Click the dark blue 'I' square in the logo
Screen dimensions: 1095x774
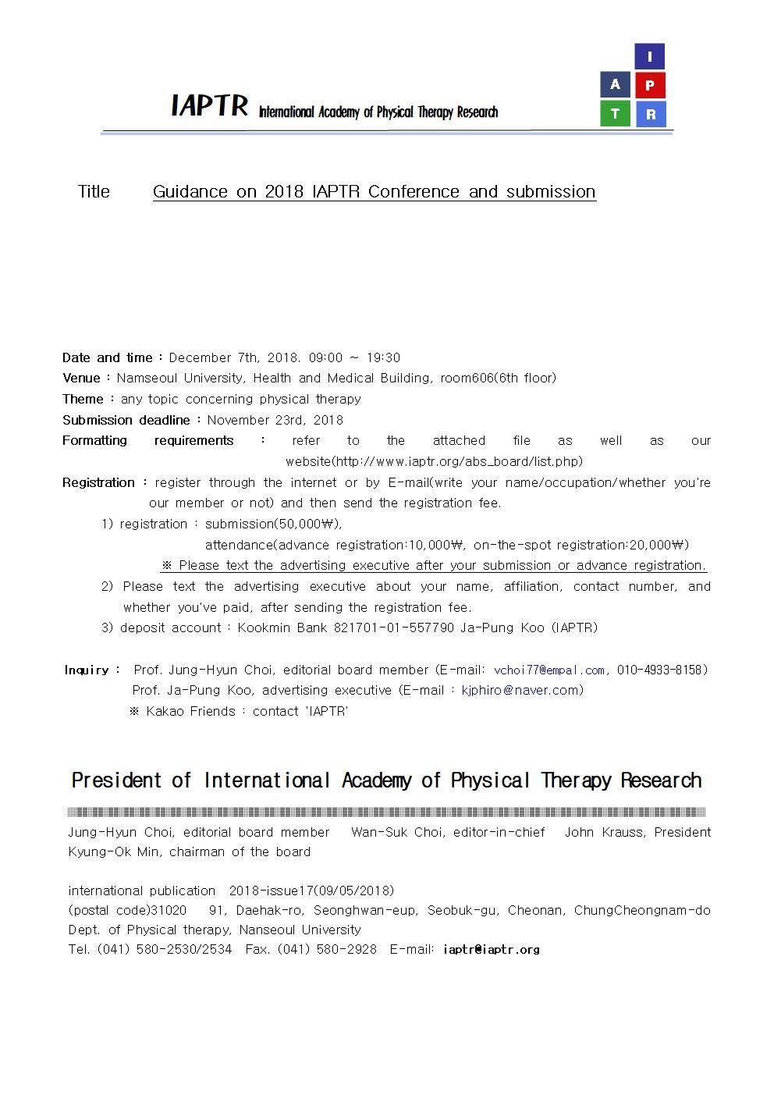(x=649, y=56)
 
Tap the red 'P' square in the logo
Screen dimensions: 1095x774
(x=649, y=85)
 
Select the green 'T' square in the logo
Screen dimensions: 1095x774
(x=615, y=114)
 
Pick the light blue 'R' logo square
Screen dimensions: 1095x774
(x=649, y=114)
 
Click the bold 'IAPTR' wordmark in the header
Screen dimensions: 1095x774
(x=209, y=105)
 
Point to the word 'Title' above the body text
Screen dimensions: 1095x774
(x=94, y=192)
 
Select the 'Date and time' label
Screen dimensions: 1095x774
(x=108, y=358)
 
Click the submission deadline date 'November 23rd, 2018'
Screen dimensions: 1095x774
(x=275, y=420)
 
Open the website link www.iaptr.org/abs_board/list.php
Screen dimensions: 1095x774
(x=434, y=461)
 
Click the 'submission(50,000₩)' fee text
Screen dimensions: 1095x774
(x=273, y=524)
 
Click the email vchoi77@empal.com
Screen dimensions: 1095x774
(x=549, y=670)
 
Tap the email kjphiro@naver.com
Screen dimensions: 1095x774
(x=520, y=690)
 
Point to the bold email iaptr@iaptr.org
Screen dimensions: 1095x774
(x=491, y=950)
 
